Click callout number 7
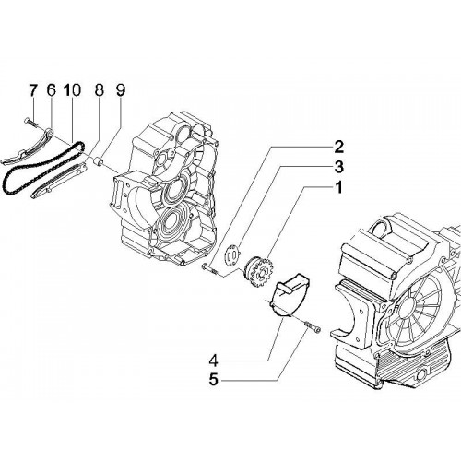pyautogui.click(x=32, y=90)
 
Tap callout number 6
pyautogui.click(x=51, y=90)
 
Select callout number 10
pyautogui.click(x=73, y=90)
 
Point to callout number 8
pyautogui.click(x=99, y=90)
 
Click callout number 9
pyautogui.click(x=120, y=90)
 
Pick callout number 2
pyautogui.click(x=338, y=147)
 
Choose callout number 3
pyautogui.click(x=338, y=167)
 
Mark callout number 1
pyautogui.click(x=338, y=188)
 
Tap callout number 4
pyautogui.click(x=213, y=361)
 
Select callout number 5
pyautogui.click(x=213, y=380)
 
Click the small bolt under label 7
pyautogui.click(x=30, y=123)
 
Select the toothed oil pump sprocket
pyautogui.click(x=257, y=272)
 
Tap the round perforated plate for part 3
pyautogui.click(x=232, y=254)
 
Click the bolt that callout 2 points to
pyautogui.click(x=209, y=268)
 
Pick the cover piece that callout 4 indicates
pyautogui.click(x=289, y=295)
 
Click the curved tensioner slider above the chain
pyautogui.click(x=30, y=148)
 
